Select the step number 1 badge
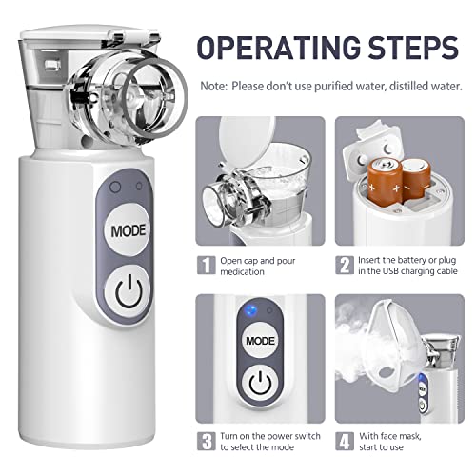point(207,263)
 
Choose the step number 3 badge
point(207,441)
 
